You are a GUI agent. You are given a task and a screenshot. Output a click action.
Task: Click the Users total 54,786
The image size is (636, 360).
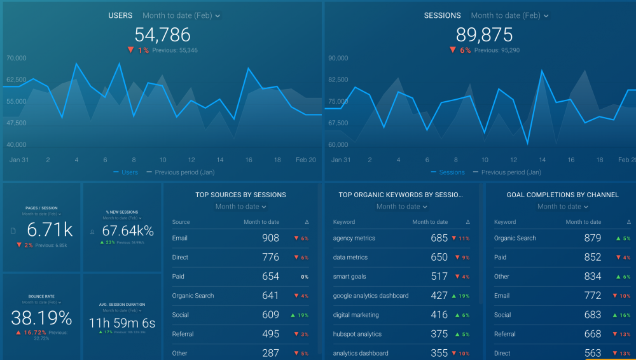point(162,34)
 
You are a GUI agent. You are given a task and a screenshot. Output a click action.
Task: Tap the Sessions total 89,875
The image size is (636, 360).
point(483,34)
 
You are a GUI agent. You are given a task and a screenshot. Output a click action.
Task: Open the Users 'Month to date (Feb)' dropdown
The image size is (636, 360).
point(181,15)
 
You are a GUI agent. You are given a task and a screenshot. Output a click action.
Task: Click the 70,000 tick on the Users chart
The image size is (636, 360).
point(17,58)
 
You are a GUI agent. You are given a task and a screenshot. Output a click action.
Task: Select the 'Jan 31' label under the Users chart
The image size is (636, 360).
point(20,160)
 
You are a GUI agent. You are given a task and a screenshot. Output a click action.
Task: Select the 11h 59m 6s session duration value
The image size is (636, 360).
point(122,323)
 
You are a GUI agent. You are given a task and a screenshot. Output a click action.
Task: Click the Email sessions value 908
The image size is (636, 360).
point(270,238)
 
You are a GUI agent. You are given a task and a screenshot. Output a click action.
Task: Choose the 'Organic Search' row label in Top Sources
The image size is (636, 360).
point(193,296)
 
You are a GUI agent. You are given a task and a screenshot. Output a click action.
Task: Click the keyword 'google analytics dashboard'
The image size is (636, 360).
point(370,296)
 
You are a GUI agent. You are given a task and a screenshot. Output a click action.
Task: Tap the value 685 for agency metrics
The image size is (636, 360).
point(439,238)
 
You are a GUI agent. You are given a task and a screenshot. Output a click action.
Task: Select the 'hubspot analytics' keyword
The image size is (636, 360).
point(357,334)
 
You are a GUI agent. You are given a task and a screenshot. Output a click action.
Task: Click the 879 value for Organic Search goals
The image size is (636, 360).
point(592,238)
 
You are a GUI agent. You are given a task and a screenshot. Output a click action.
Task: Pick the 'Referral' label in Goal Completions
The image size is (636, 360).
point(504,334)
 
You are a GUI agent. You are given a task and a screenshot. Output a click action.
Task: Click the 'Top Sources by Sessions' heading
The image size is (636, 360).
point(240,195)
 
